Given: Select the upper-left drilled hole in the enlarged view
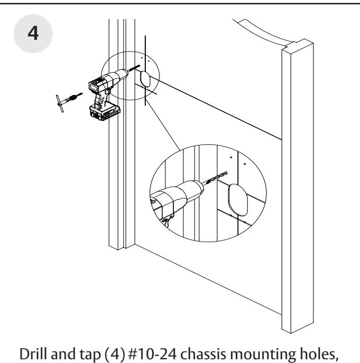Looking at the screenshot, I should [231, 158].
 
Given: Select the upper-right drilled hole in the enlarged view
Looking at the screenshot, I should [244, 164].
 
